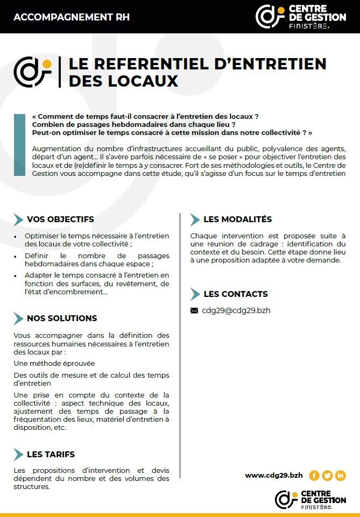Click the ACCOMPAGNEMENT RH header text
[72, 17]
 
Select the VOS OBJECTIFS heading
[60, 219]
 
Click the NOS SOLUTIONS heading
[62, 318]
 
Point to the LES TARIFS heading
[51, 455]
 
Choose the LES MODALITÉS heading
[237, 219]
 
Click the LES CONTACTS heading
[235, 294]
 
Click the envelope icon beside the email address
[194, 310]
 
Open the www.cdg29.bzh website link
[273, 475]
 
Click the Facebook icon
[314, 476]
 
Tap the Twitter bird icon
[327, 476]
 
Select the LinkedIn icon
[340, 476]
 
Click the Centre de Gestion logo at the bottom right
[310, 499]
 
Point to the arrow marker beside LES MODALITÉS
[195, 219]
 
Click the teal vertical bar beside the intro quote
[19, 145]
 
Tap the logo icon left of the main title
[32, 72]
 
